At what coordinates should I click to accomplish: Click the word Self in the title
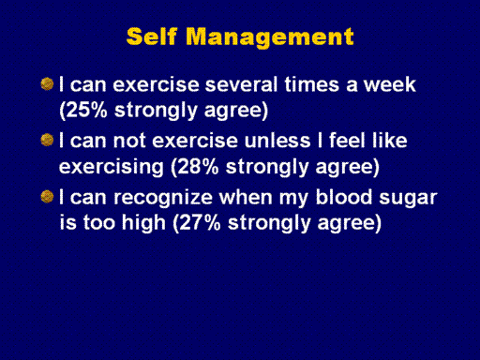(x=152, y=37)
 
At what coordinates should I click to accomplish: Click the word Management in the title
(x=270, y=37)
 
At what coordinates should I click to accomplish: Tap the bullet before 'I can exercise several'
(x=47, y=84)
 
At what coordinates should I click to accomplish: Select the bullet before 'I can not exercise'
(x=47, y=140)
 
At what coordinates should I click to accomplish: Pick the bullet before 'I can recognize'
(x=47, y=197)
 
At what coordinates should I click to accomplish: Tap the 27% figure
(x=200, y=223)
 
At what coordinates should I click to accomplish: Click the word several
(x=241, y=84)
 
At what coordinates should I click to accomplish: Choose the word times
(x=311, y=84)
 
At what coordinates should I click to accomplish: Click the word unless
(x=277, y=141)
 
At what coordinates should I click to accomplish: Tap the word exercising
(x=112, y=168)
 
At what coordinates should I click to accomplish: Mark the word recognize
(x=163, y=199)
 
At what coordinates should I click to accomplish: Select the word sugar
(x=408, y=199)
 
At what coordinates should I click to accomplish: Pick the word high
(x=143, y=224)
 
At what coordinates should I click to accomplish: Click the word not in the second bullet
(x=129, y=141)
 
